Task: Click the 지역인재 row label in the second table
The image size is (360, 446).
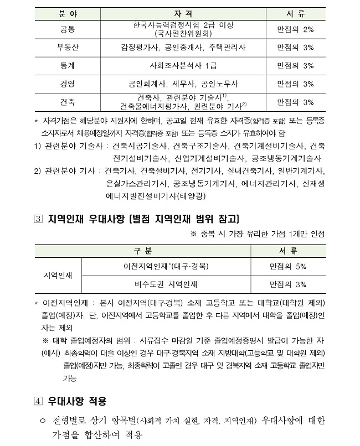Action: coord(58,275)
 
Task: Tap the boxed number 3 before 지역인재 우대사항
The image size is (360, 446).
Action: coord(38,218)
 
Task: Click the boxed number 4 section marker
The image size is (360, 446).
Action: coord(38,401)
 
